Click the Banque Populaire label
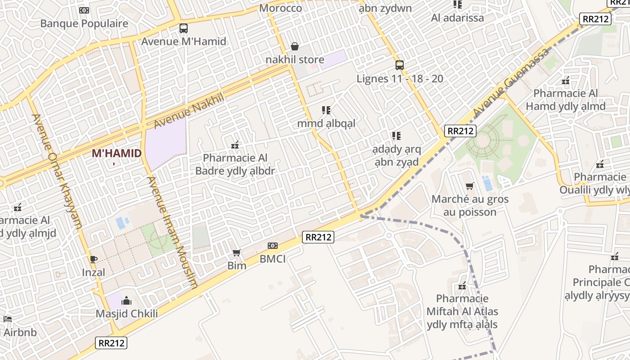(84, 23)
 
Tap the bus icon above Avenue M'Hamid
(184, 28)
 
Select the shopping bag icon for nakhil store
(295, 46)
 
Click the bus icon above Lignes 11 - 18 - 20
(400, 65)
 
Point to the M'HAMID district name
(117, 153)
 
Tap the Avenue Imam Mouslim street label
(173, 232)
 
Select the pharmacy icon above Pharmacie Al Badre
(234, 145)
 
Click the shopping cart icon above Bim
(237, 253)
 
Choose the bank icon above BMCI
(273, 246)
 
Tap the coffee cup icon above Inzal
(94, 259)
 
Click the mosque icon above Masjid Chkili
(126, 301)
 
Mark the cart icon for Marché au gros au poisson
(470, 186)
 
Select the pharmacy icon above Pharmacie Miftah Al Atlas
(462, 286)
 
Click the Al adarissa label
(457, 18)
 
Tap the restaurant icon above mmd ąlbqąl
(326, 110)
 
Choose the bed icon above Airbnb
(8, 319)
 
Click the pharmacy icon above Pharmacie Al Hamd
(566, 81)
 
